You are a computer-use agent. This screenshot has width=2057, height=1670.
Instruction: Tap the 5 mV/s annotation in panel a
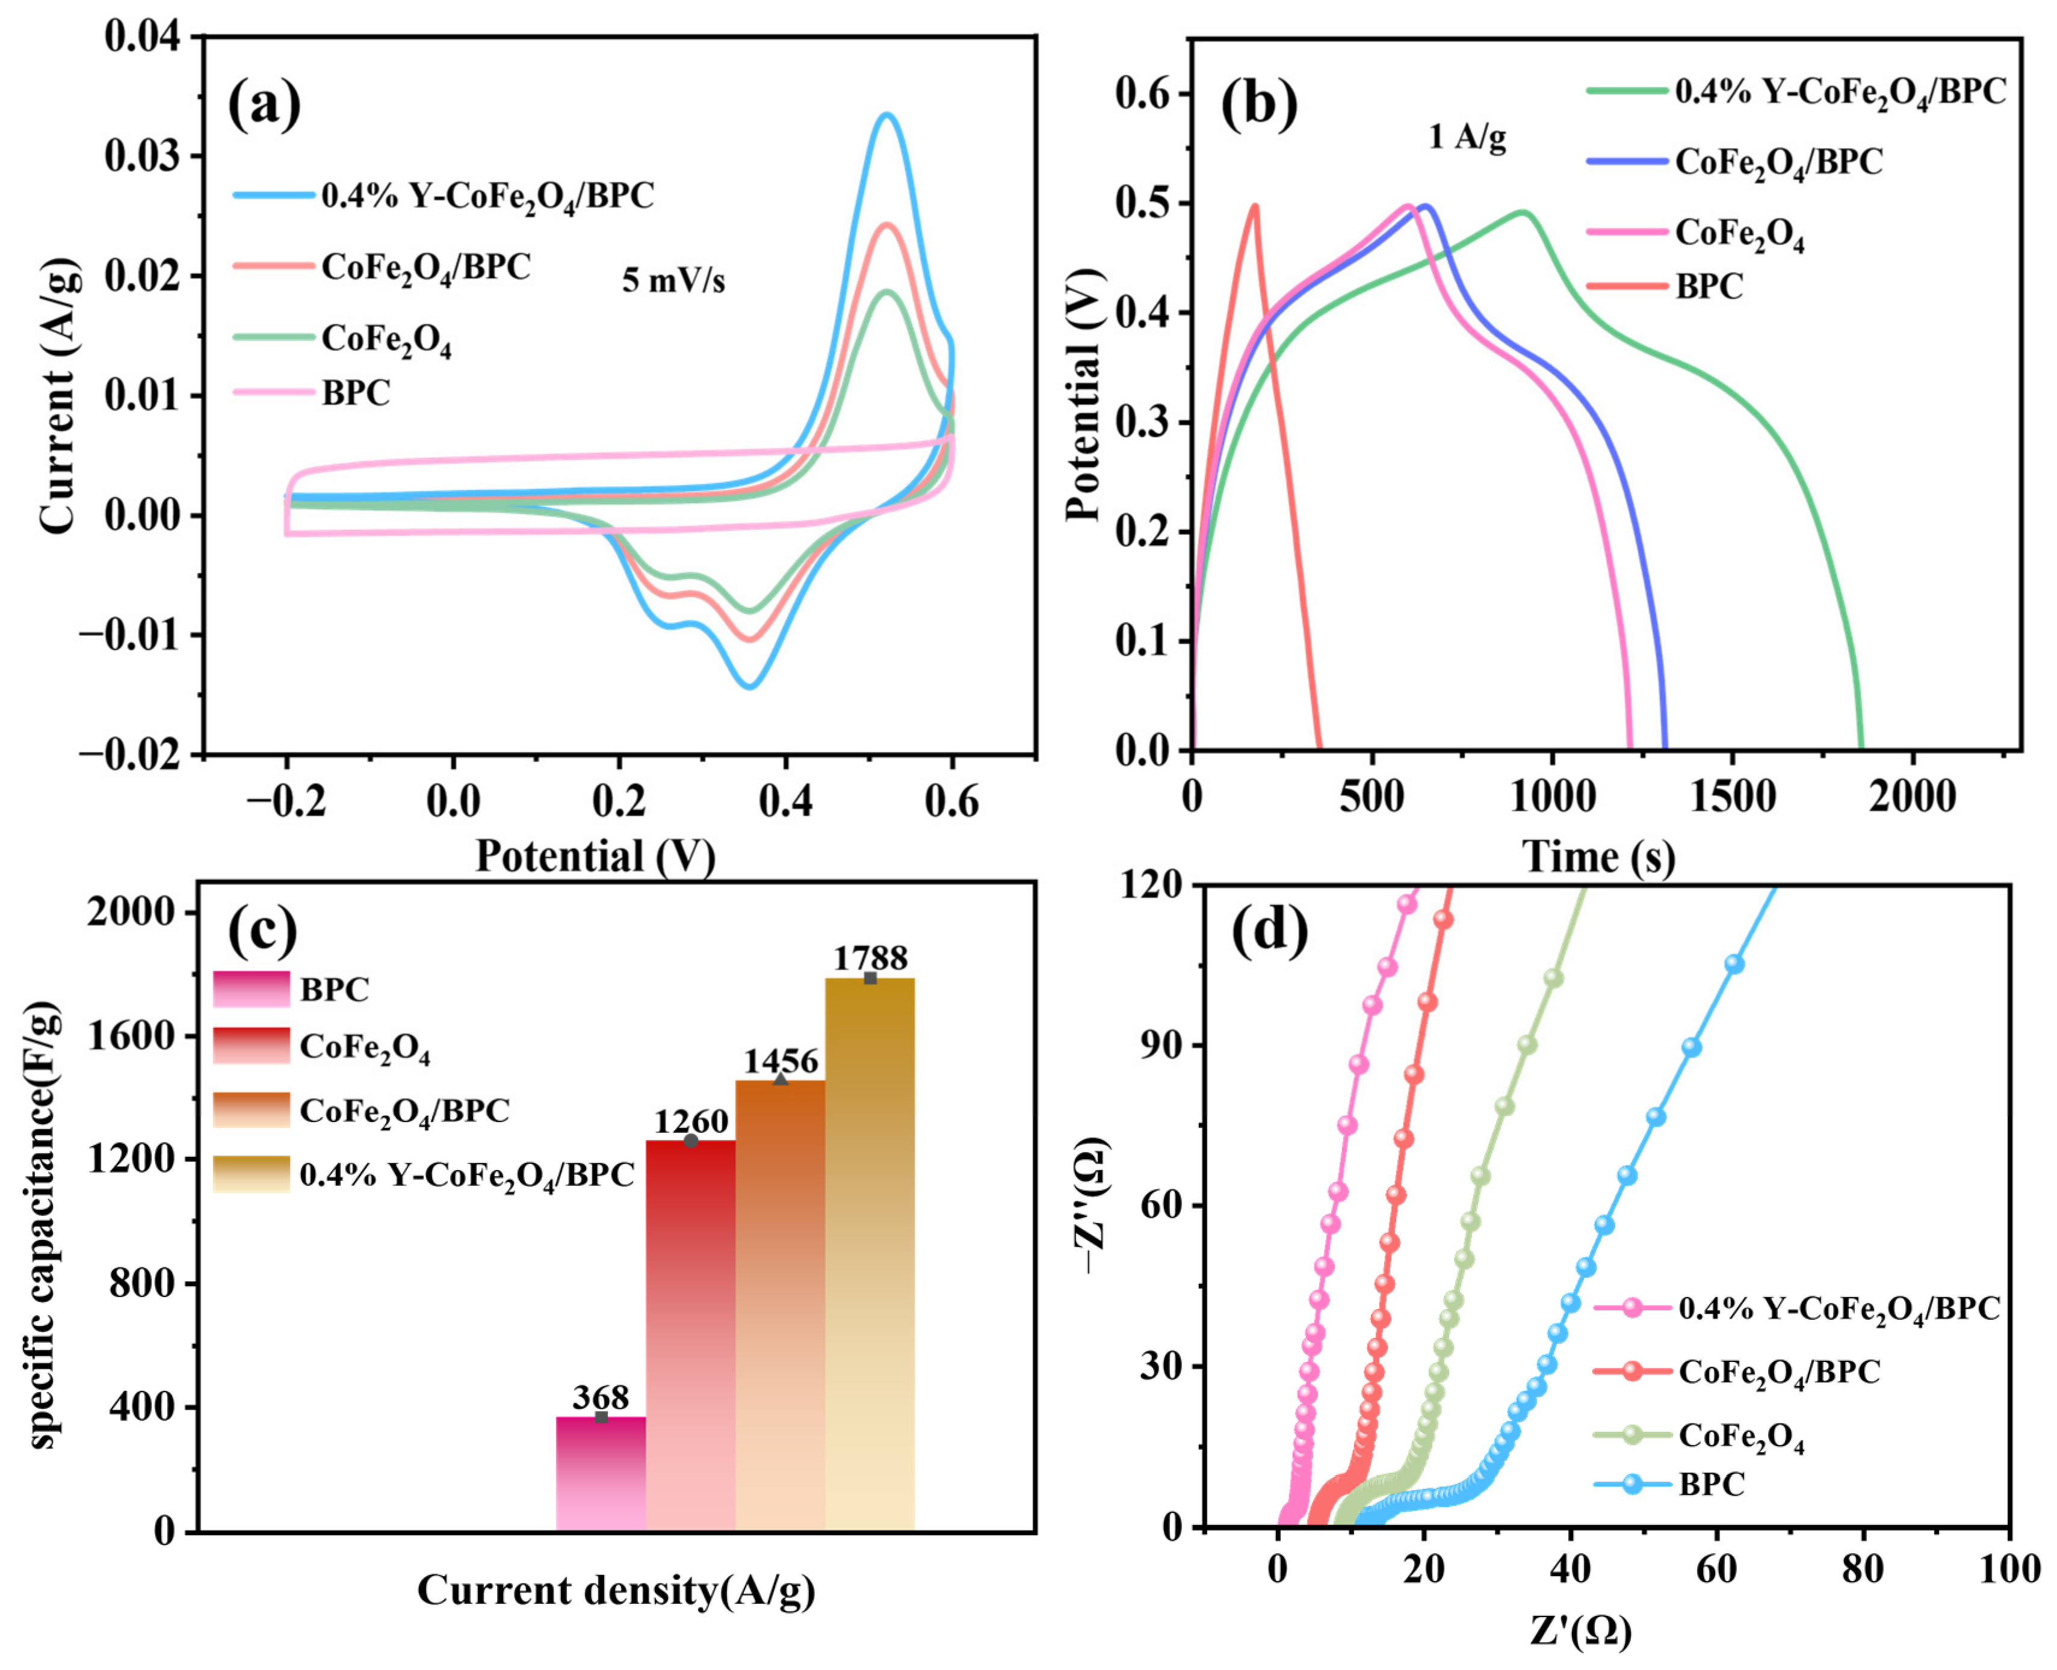(673, 280)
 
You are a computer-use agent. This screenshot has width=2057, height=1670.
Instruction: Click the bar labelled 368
(601, 1474)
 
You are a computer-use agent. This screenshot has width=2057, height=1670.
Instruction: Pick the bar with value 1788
(870, 1254)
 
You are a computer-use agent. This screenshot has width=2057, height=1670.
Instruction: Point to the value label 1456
(781, 1061)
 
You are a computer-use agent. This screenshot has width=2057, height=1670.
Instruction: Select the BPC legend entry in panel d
(1669, 1484)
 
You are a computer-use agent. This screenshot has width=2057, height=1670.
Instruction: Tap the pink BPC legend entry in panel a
(313, 392)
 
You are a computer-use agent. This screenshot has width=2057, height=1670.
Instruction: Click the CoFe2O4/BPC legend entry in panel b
(1734, 162)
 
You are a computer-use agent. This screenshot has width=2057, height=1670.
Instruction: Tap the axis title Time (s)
(1599, 856)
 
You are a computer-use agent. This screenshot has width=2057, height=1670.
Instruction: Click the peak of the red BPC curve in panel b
(1255, 205)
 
